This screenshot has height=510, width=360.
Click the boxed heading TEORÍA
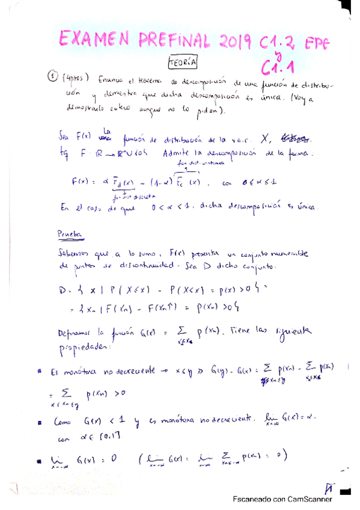pyautogui.click(x=182, y=63)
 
